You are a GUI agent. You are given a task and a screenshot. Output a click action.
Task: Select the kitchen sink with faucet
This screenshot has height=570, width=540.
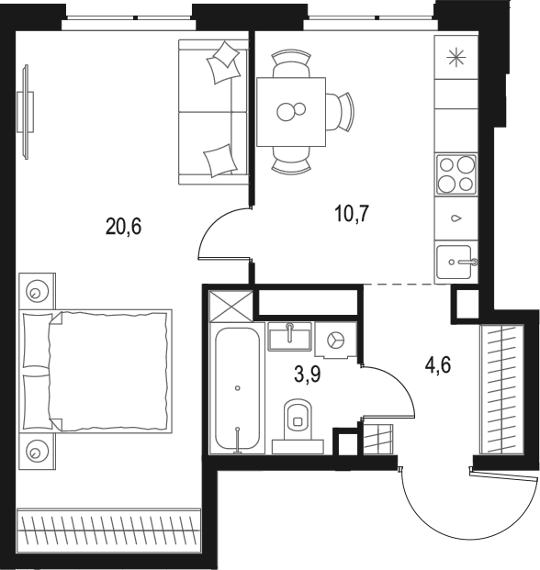tap(456, 262)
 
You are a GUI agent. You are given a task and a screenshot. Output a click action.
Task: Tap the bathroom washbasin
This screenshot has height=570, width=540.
tap(289, 336)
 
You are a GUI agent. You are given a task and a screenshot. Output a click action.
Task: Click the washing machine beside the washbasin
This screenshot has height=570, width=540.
tap(335, 340)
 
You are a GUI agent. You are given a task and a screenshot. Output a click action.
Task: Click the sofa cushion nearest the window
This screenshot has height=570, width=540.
tap(225, 64)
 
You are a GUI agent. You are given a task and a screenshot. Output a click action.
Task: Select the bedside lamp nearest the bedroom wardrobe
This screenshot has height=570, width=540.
tap(36, 451)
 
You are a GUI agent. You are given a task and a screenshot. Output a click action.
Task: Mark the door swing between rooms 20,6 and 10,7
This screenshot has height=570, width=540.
tap(220, 237)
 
